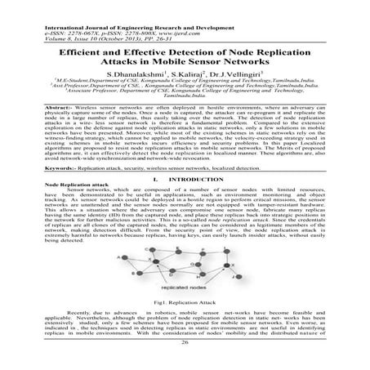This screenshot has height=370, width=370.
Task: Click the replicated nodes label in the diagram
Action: (185, 289)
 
